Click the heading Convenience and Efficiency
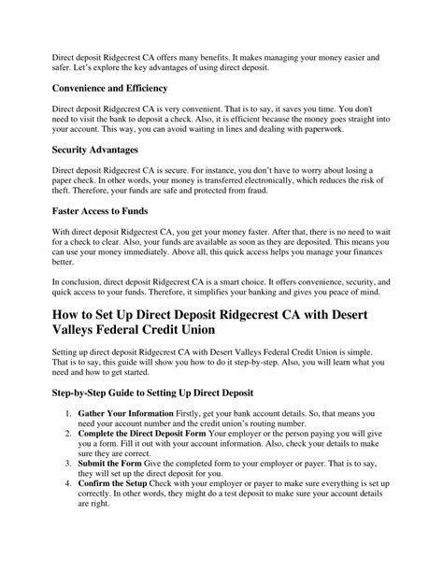coord(109,88)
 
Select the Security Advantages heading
coord(97,149)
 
